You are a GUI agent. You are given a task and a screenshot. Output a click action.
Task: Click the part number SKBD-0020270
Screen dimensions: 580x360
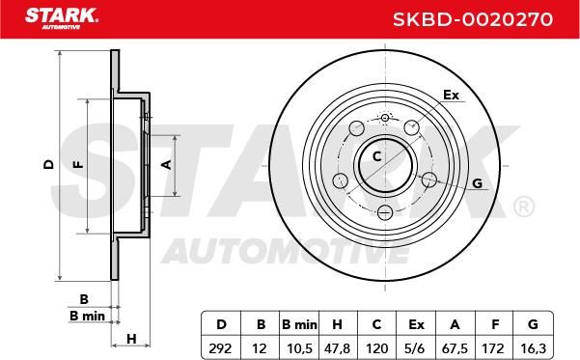coord(473,19)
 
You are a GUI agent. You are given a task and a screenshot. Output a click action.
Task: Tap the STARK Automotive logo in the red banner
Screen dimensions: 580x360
coord(62,18)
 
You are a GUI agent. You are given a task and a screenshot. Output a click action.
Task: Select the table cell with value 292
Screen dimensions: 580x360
coord(220,348)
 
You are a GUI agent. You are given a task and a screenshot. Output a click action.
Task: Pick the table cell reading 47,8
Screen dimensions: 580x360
coord(337,348)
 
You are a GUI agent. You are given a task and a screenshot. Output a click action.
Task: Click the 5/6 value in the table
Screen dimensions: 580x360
coord(416,348)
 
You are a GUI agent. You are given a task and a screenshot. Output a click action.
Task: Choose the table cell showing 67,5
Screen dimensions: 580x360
coord(455,348)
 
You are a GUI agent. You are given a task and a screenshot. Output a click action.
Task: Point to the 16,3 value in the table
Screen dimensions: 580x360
coord(533,348)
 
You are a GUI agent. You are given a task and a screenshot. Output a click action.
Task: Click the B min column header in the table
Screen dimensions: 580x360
coord(299,324)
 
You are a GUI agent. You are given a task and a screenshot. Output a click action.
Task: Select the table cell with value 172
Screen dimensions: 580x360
coord(494,348)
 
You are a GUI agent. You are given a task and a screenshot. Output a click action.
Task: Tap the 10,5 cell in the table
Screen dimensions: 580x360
coord(299,348)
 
